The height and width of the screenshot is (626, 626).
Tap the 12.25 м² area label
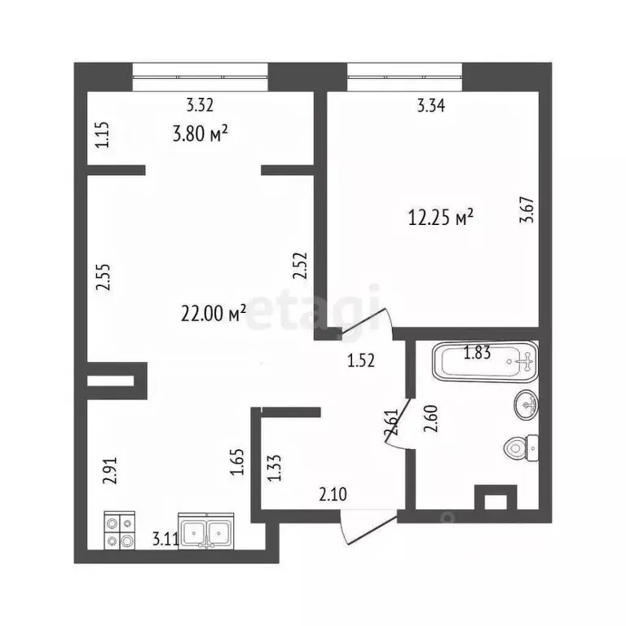pyautogui.click(x=440, y=218)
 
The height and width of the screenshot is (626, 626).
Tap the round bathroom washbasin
pyautogui.click(x=527, y=402)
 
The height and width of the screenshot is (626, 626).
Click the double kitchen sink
pyautogui.click(x=207, y=533)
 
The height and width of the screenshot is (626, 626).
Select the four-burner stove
pyautogui.click(x=120, y=532)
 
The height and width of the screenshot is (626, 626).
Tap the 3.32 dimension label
pyautogui.click(x=200, y=104)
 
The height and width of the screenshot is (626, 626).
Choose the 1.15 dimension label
pyautogui.click(x=103, y=134)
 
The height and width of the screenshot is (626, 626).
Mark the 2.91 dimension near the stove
pyautogui.click(x=112, y=471)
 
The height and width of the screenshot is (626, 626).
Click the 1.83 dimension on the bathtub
pyautogui.click(x=477, y=352)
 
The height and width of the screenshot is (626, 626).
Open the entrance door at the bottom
pyautogui.click(x=359, y=528)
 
